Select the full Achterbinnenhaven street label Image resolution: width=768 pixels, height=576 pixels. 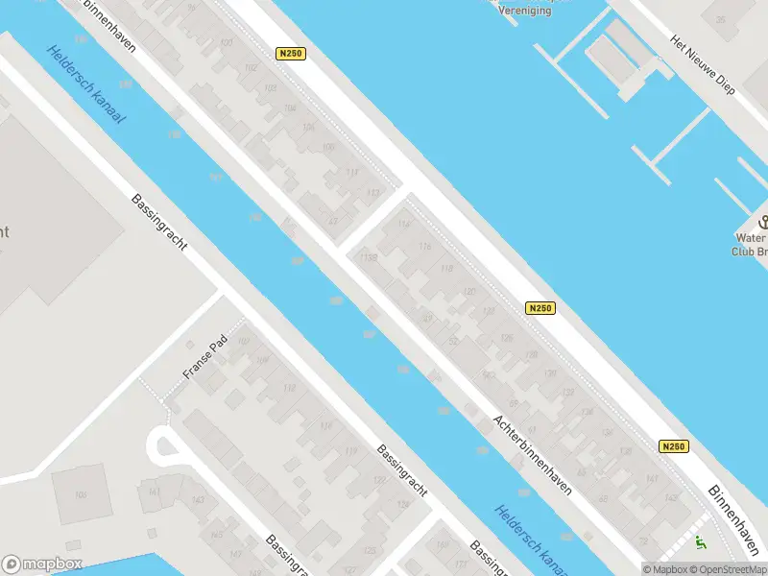coord(532,454)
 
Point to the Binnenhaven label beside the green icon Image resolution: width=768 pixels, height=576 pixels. coord(735,518)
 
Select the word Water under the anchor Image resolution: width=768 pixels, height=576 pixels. coord(750,238)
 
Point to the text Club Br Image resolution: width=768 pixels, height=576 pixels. coord(750,252)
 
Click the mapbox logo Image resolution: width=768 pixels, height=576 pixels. coord(42,564)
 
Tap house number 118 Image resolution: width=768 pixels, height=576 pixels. coord(445,269)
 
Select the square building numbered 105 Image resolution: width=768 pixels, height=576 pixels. coord(82,494)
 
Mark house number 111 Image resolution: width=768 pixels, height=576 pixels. coord(351,172)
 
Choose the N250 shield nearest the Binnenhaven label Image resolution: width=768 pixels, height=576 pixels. coord(674,446)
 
